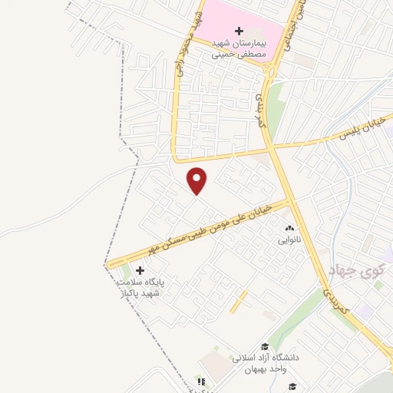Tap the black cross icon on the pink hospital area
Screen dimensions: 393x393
tap(239, 31)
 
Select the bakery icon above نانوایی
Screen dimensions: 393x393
tap(289, 229)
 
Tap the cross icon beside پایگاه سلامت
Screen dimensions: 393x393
tap(140, 270)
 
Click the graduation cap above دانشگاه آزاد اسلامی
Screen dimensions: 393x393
tap(265, 347)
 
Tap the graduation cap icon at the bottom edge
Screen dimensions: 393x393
tap(292, 386)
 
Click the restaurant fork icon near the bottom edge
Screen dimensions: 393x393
tap(201, 381)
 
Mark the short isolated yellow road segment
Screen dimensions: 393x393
tap(239, 300)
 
